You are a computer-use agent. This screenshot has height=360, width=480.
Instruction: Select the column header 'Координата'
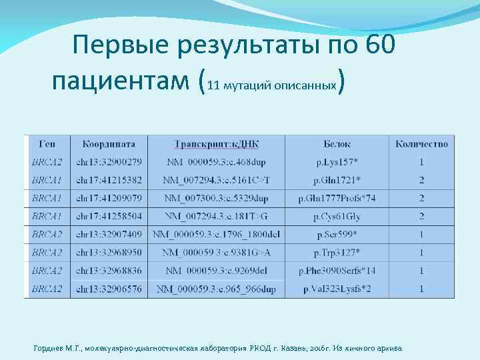coord(109,144)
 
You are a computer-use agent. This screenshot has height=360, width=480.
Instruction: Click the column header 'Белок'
coord(337,144)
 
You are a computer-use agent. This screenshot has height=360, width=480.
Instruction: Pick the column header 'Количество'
coord(421,144)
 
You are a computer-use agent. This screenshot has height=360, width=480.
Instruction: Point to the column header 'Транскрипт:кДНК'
coord(217,144)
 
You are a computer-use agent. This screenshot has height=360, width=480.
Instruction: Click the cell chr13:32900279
coord(109,162)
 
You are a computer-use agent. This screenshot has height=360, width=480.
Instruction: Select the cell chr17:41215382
coord(109,180)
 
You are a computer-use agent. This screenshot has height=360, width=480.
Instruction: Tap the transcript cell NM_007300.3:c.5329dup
coord(217,198)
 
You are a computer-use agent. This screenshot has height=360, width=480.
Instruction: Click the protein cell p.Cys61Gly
coord(337,216)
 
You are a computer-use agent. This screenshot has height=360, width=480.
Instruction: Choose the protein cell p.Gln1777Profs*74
coord(337,198)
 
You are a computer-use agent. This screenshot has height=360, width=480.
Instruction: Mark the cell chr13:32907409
coord(109,234)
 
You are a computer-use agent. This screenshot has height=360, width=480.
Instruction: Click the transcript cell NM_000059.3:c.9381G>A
coord(217,253)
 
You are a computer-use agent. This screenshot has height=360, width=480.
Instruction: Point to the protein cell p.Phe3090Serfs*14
coord(337,271)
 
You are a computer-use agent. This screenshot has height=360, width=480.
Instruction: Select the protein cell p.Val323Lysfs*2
coord(337,289)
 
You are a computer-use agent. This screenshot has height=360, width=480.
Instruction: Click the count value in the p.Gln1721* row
coord(421,180)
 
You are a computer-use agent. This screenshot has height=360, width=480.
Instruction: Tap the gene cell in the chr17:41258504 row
coord(47,216)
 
